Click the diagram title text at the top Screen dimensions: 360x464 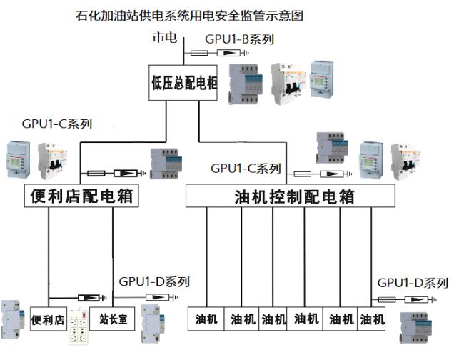pos(193,15)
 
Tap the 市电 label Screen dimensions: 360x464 pos(164,39)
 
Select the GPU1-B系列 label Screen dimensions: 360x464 pos(239,39)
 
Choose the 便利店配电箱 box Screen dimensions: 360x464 pos(79,196)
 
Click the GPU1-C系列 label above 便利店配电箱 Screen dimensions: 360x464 pos(57,124)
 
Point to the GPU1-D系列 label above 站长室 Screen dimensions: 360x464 pos(154,281)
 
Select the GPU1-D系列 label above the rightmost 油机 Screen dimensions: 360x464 pos(413,283)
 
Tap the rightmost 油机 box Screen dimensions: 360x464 pos(371,319)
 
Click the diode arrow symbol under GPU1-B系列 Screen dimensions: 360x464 pos(227,54)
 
